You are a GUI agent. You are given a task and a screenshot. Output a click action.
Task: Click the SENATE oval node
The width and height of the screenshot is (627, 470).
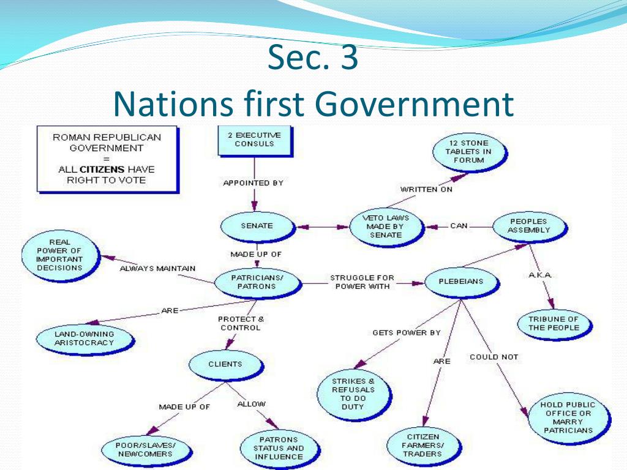coord(258,226)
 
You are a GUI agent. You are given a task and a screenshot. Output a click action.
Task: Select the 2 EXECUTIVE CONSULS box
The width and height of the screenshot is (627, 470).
coord(255,140)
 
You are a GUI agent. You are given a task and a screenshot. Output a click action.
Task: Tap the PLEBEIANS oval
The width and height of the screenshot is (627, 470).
coord(462,282)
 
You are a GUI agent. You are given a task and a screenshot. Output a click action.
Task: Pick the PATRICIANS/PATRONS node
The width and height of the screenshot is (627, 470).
coord(258,283)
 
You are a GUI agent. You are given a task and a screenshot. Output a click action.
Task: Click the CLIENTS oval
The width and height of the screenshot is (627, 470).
coord(225,365)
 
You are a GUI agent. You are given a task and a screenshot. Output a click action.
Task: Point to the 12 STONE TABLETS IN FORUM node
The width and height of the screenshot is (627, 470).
coord(469,152)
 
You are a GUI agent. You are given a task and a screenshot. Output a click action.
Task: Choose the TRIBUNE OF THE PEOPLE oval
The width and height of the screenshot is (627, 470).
coord(554,324)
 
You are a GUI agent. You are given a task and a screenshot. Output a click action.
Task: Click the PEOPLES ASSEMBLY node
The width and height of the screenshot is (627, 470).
coord(530,226)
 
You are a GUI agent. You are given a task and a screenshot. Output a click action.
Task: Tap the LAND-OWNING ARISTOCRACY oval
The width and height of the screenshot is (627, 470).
coord(84,339)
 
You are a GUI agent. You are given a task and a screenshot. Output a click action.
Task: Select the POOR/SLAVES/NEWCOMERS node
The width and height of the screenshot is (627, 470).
coord(146,450)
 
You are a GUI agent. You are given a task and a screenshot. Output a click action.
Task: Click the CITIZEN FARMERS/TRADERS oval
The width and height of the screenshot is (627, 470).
coord(424,446)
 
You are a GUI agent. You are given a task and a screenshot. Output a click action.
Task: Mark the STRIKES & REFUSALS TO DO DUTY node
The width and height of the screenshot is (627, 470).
coord(353,394)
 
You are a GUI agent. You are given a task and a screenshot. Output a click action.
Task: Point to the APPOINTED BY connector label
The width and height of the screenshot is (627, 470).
coord(253,183)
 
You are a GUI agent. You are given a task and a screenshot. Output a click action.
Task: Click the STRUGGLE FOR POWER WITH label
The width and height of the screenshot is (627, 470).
coord(362,282)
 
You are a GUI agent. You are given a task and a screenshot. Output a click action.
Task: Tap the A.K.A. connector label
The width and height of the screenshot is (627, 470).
coord(540,275)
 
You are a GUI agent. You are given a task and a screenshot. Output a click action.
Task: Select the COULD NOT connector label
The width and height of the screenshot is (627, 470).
coord(494,357)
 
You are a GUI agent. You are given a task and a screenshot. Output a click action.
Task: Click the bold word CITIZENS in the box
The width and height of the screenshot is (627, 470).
coord(102,170)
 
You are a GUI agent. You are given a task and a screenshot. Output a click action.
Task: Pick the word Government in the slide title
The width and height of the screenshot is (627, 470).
coord(416,104)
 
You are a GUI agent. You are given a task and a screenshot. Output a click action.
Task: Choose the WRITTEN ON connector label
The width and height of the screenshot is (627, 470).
coord(427,190)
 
